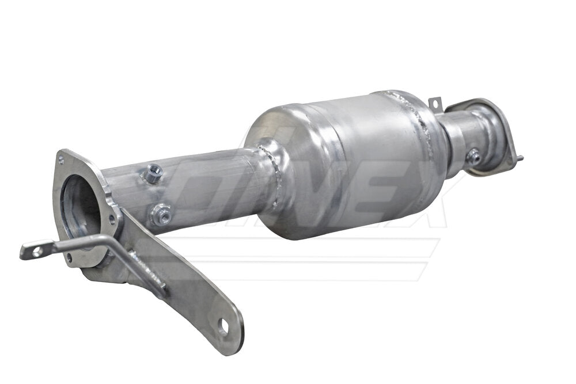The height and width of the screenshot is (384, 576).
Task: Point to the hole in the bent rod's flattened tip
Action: tap(36, 251)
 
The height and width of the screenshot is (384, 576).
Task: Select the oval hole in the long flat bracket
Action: tap(222, 326)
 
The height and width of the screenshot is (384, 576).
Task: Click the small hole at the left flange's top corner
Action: tap(63, 157)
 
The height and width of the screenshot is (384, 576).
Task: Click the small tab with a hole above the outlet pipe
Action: tap(435, 104)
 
